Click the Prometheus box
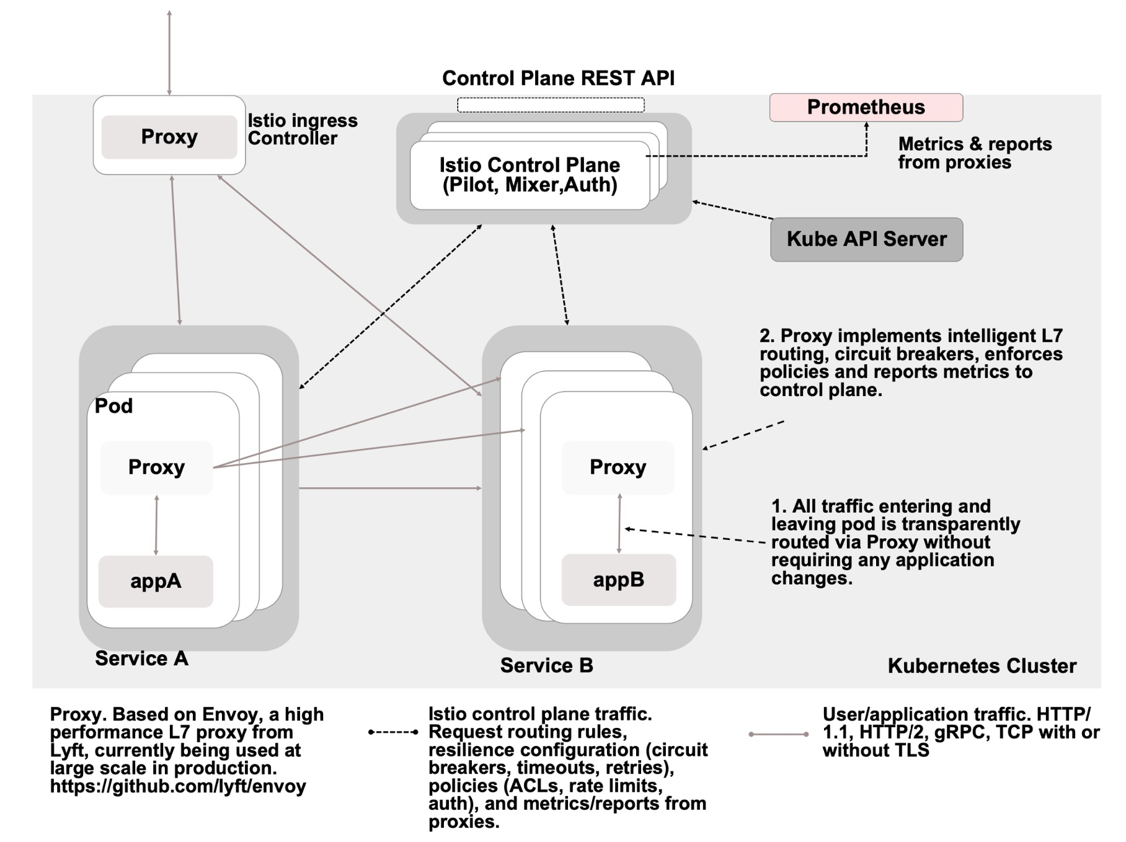point(866,107)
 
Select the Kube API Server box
point(866,239)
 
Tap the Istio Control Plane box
point(530,175)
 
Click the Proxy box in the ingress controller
point(169,136)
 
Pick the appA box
point(156,581)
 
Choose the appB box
point(618,580)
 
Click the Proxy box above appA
point(156,468)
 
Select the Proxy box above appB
point(618,468)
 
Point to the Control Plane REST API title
point(558,78)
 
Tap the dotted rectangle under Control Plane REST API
point(551,105)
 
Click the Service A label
point(141,658)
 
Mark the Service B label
point(546,665)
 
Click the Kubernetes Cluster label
point(982,666)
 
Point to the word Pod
point(113,406)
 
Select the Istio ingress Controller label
point(303,129)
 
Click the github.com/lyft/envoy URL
point(178,787)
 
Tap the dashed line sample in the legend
point(393,732)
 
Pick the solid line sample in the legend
point(778,734)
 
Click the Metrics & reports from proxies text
point(975,153)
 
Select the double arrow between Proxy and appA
point(156,525)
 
